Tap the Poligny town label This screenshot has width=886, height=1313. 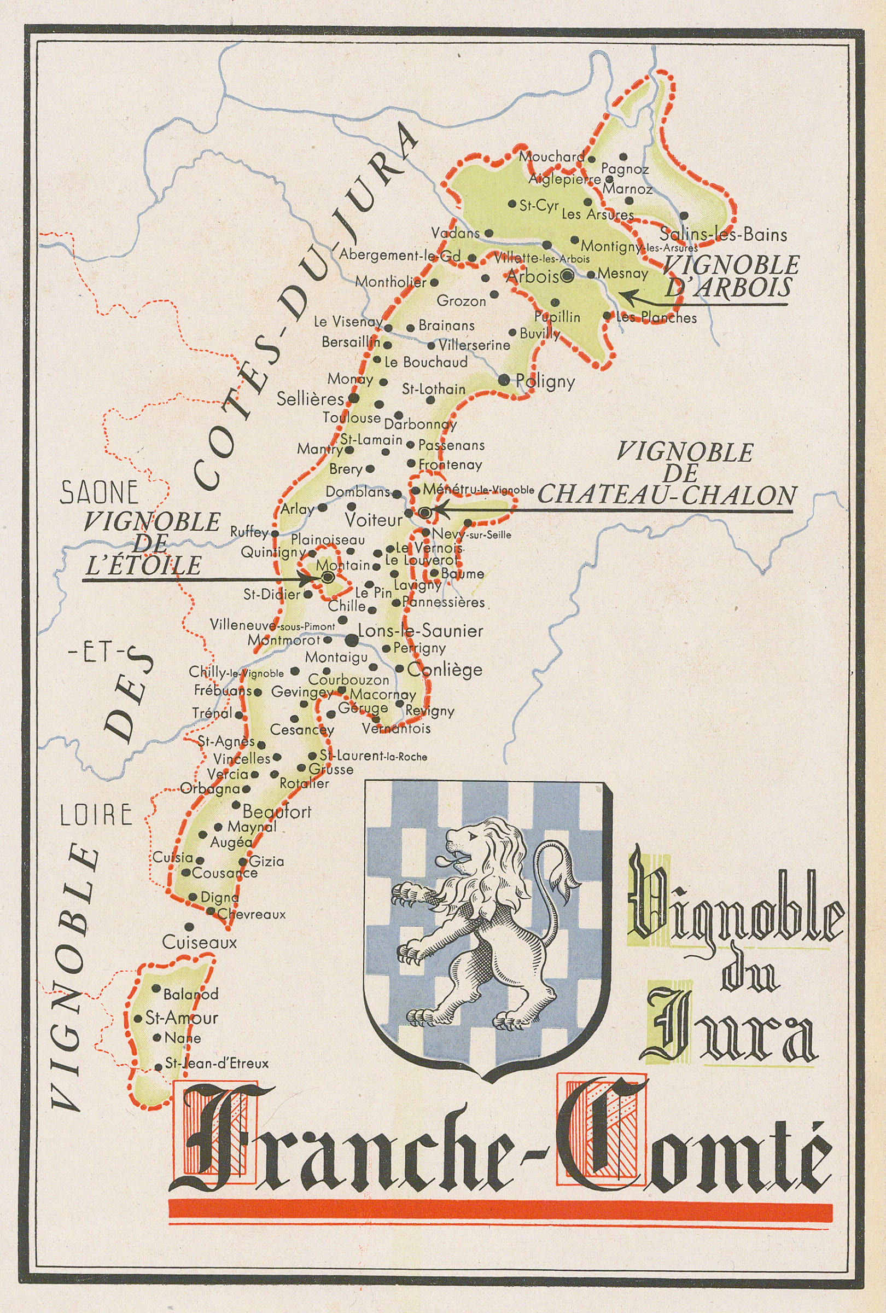545,381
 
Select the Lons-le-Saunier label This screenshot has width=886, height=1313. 421,630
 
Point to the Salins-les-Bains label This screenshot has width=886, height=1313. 723,234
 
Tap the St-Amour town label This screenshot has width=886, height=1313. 181,1018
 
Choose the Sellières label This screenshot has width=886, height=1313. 310,399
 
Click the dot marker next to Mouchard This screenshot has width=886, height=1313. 591,159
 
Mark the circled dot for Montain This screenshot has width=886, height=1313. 327,577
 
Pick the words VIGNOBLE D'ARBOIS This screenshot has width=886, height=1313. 731,276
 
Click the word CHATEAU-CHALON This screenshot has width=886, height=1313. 666,495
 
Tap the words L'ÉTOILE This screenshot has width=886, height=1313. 143,566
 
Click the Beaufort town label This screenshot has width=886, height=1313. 277,812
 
